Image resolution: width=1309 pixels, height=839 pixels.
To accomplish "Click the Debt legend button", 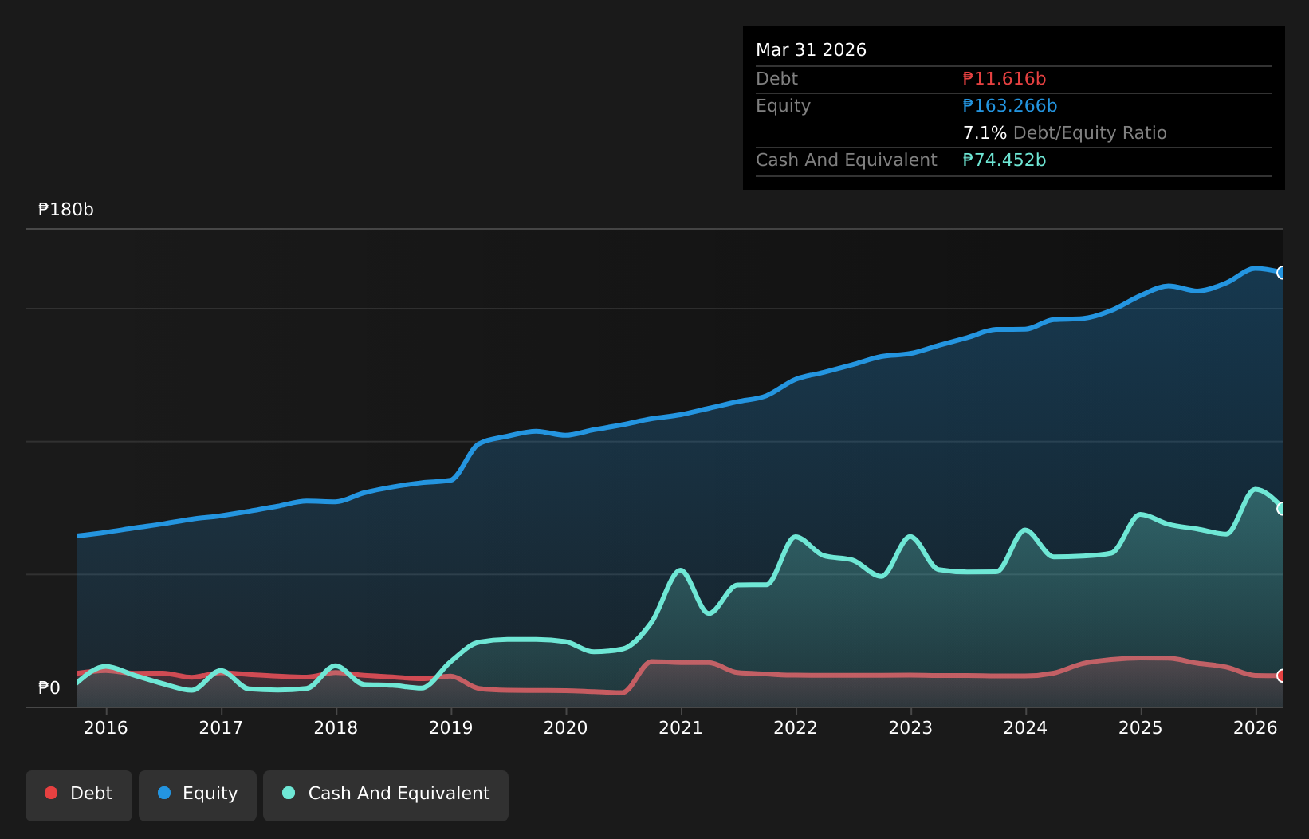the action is pyautogui.click(x=79, y=795).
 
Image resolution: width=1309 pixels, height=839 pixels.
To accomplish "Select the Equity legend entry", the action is pyautogui.click(x=198, y=795).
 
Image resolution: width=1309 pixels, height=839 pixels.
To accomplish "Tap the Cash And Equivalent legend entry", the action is pyautogui.click(x=386, y=795).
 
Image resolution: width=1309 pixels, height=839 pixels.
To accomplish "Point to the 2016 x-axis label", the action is pyautogui.click(x=106, y=728).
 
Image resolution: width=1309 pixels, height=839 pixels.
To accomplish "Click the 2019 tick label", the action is pyautogui.click(x=450, y=728).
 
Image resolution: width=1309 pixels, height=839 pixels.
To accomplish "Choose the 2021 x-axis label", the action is pyautogui.click(x=681, y=728).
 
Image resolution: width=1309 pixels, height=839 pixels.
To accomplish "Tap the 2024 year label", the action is pyautogui.click(x=1025, y=728).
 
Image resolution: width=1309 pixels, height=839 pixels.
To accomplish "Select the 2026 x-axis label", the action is pyautogui.click(x=1256, y=728).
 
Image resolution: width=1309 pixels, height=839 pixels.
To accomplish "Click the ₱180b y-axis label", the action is pyautogui.click(x=66, y=209).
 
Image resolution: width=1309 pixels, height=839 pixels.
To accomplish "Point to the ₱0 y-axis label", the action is pyautogui.click(x=49, y=688).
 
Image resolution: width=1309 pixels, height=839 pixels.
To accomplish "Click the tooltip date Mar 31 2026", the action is pyautogui.click(x=811, y=50).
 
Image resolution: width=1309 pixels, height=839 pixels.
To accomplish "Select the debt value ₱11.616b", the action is pyautogui.click(x=1004, y=79).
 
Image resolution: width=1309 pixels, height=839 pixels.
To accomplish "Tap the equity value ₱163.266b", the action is pyautogui.click(x=1010, y=106).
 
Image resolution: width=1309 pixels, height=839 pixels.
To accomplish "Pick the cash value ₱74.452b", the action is pyautogui.click(x=1004, y=160).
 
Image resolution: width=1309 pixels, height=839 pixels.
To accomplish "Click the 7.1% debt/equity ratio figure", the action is pyautogui.click(x=985, y=133).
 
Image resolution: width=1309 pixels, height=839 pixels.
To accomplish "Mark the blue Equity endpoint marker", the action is pyautogui.click(x=1281, y=273).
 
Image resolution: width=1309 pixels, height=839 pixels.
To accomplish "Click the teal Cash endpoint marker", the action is pyautogui.click(x=1281, y=509).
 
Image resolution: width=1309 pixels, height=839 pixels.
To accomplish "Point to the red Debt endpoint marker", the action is pyautogui.click(x=1281, y=676).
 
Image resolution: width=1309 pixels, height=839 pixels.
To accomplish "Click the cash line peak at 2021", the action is pyautogui.click(x=680, y=570).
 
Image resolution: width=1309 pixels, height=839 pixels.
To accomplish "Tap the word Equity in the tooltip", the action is pyautogui.click(x=783, y=106).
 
